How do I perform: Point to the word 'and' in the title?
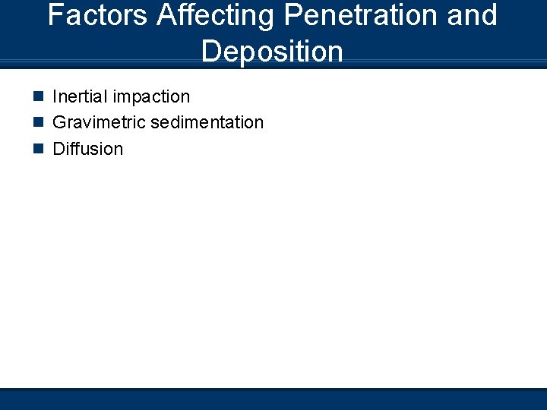tap(473, 15)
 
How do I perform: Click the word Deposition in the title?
tap(273, 52)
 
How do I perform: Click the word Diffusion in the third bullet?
tap(87, 148)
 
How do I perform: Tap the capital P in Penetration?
tap(286, 15)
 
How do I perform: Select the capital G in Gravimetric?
tap(59, 122)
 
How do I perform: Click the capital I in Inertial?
tap(55, 96)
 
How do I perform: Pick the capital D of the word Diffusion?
tap(58, 148)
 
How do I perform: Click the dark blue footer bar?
tap(273, 399)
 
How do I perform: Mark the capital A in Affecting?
tap(167, 15)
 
